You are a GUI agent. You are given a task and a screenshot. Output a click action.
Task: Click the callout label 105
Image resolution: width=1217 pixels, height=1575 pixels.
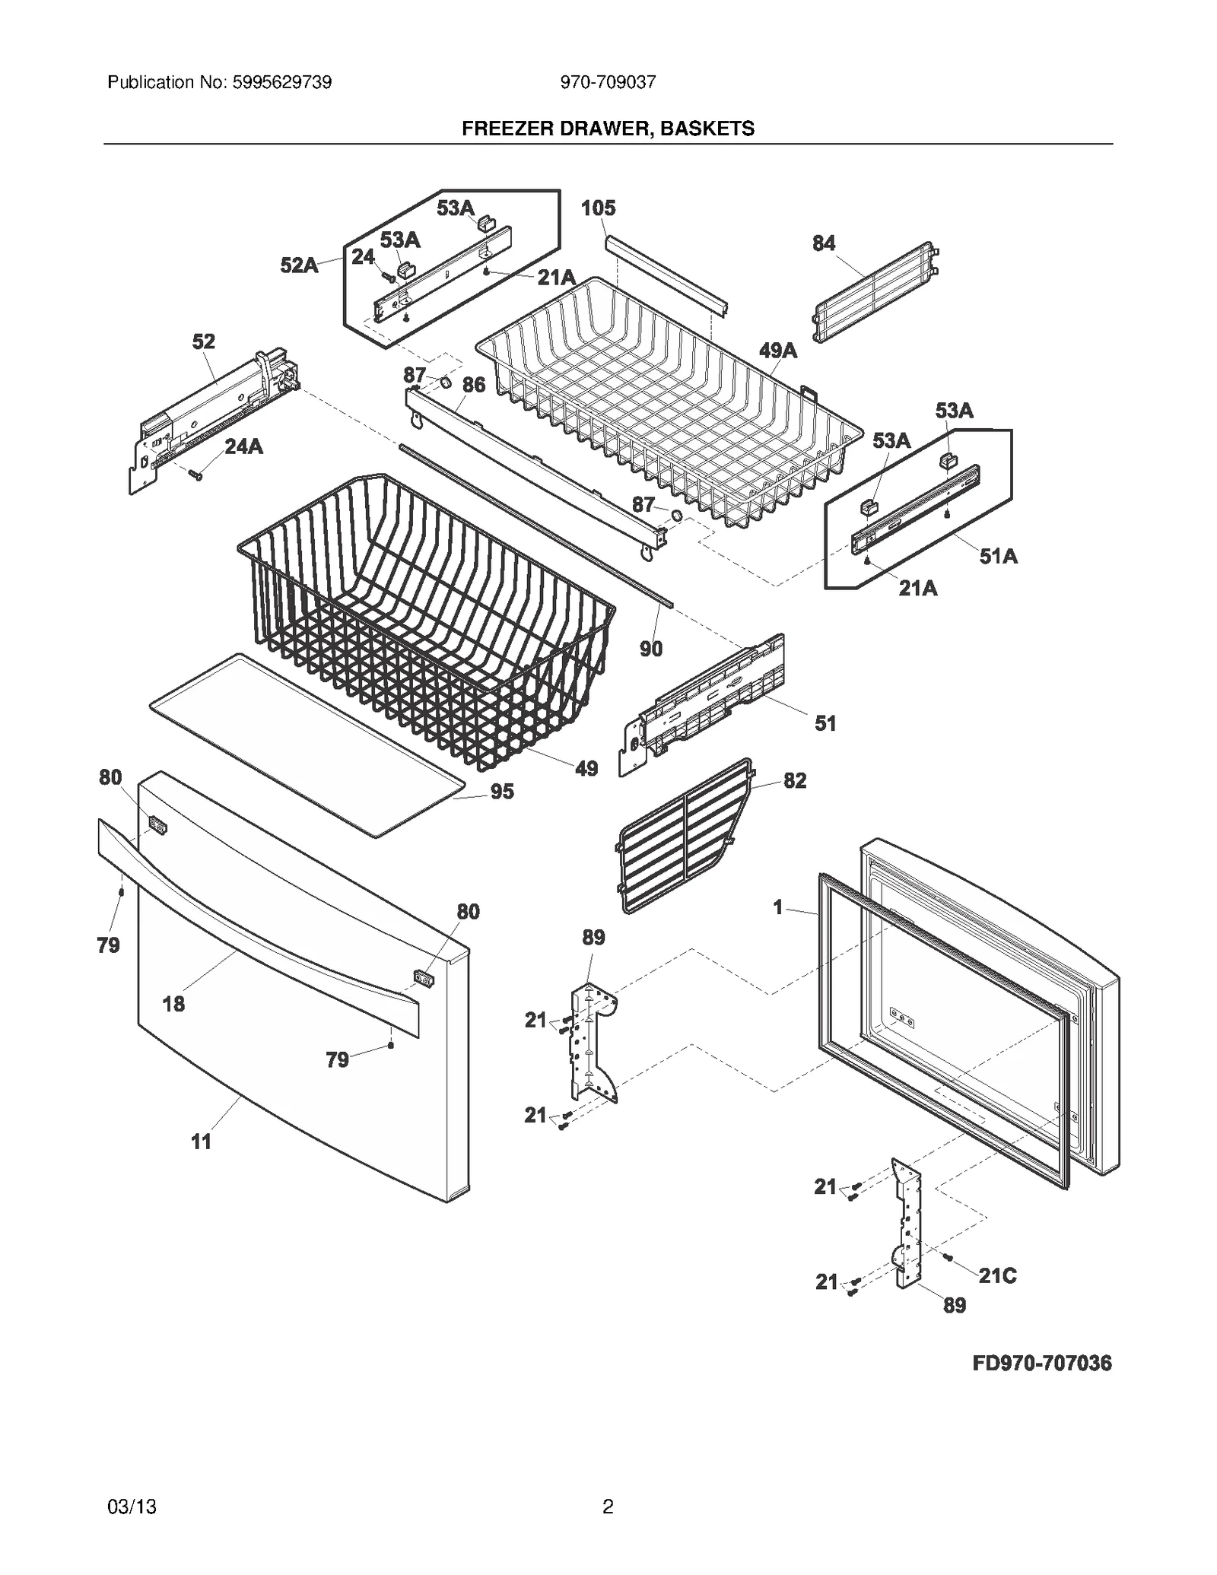[x=598, y=208]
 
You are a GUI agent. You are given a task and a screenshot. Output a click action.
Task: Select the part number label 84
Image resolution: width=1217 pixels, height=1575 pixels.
[x=823, y=243]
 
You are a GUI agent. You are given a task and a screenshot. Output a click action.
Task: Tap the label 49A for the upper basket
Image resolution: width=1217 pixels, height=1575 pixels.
[x=778, y=351]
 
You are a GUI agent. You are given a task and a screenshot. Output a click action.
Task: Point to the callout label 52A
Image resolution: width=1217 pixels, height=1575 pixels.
[x=299, y=265]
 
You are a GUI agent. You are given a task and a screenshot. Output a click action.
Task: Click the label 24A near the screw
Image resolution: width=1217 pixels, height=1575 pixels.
[x=243, y=446]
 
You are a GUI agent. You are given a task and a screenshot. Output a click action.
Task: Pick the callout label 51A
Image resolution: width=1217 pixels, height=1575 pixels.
[x=998, y=557]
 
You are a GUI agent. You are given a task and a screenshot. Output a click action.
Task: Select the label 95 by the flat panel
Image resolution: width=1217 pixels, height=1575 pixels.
[x=502, y=792]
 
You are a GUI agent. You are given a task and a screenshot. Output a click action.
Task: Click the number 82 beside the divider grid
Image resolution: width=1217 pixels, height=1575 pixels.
[x=795, y=780]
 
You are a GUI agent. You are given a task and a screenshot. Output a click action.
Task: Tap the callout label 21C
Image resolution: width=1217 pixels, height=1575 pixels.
[x=997, y=1275]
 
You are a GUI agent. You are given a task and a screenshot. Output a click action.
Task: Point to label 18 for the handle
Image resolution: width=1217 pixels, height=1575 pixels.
[x=173, y=1005]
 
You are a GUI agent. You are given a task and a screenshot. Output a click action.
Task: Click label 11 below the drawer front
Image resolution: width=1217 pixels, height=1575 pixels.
[x=201, y=1142]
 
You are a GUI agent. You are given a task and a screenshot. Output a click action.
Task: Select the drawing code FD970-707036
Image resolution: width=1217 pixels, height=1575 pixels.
[x=1042, y=1363]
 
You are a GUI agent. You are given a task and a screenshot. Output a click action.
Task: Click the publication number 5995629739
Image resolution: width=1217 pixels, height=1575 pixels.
[x=279, y=82]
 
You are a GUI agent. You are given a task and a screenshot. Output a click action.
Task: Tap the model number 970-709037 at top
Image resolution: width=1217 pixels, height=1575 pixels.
[x=608, y=82]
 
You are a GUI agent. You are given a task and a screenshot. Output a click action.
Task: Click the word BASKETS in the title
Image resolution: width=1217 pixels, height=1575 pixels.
[x=707, y=129]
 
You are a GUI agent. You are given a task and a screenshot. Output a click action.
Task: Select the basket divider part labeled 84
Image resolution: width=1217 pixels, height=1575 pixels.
[x=875, y=293]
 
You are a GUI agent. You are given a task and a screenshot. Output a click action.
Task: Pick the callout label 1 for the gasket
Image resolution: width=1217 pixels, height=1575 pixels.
[x=777, y=907]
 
